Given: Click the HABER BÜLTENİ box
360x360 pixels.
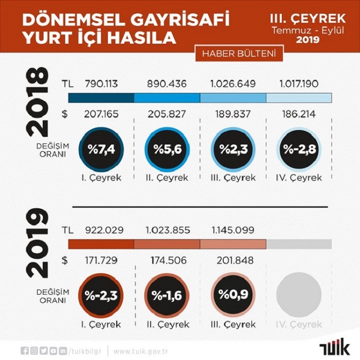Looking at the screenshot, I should [x=239, y=54].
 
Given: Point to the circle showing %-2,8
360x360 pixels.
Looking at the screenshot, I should [x=299, y=150].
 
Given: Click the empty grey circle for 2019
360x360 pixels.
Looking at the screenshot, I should [x=299, y=295].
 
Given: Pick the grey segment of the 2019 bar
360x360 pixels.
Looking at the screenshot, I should [x=299, y=244].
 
